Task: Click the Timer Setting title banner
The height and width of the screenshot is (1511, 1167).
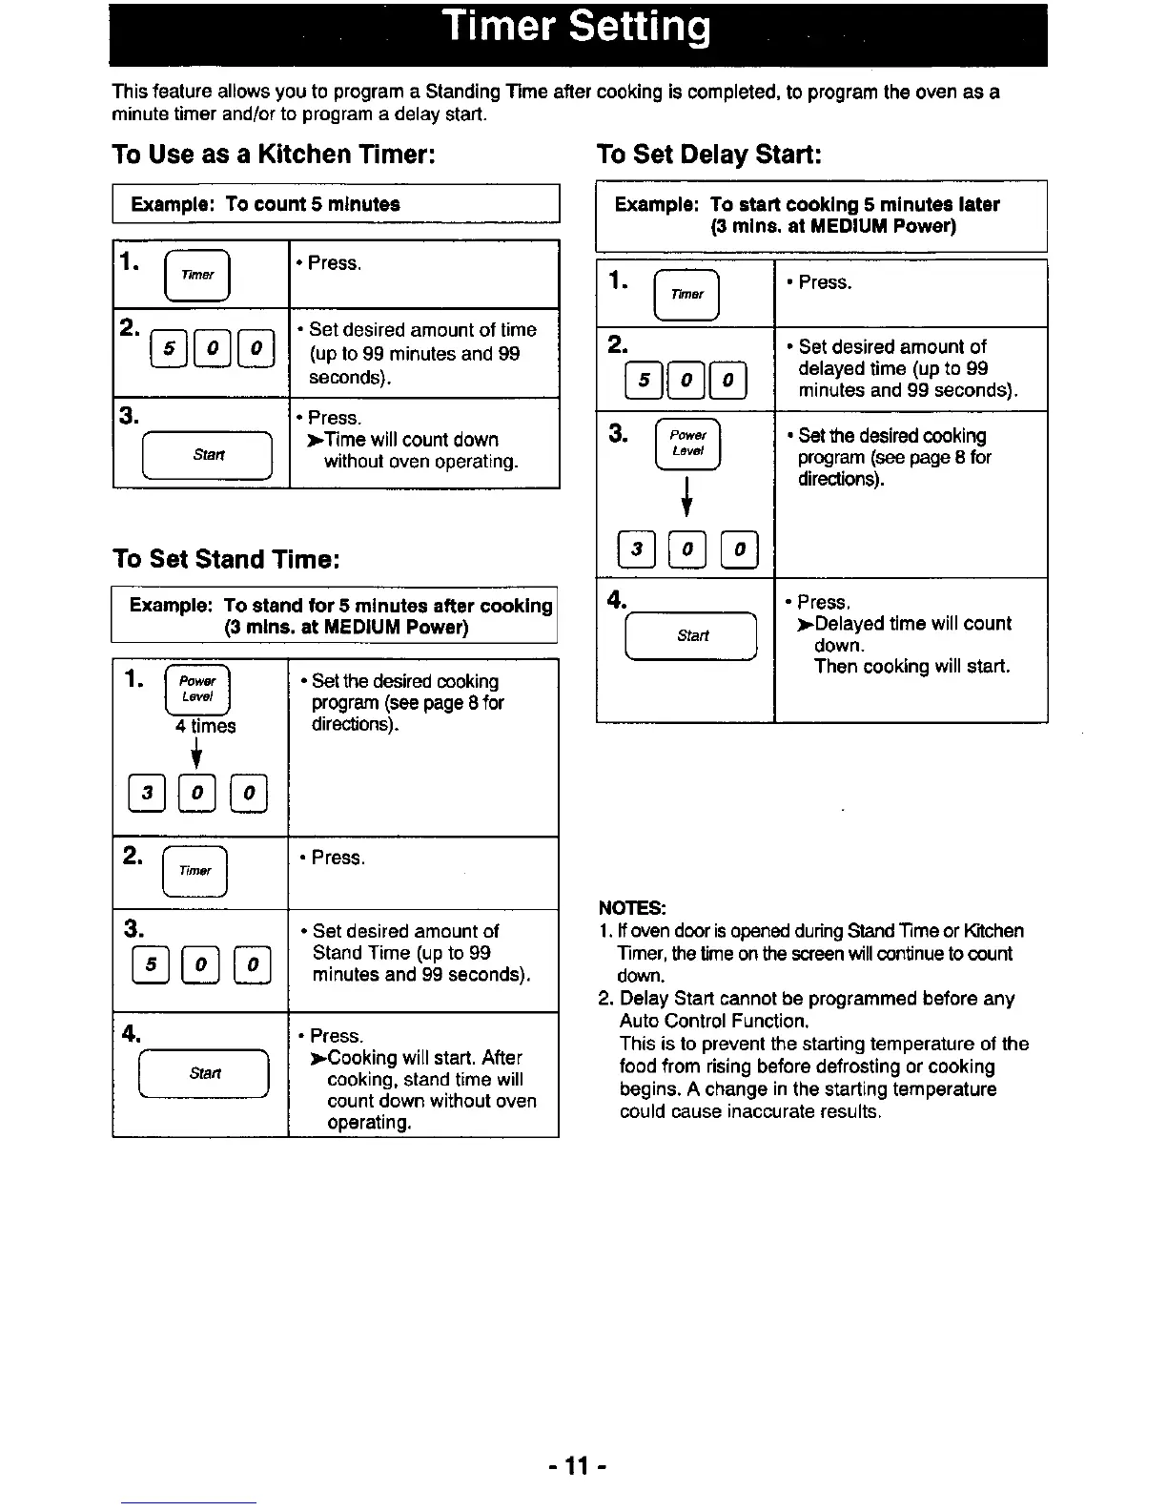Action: [578, 31]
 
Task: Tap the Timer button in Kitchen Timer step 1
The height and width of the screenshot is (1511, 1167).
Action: [197, 274]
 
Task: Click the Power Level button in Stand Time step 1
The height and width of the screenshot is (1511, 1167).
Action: [197, 689]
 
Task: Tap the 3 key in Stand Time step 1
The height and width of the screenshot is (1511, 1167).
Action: [147, 793]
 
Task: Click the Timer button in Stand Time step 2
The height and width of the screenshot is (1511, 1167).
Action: [195, 870]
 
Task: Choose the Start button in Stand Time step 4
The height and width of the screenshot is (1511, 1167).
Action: [205, 1073]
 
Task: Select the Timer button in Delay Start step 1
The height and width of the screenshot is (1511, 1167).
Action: [686, 294]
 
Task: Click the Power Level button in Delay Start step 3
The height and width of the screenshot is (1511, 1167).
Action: [687, 445]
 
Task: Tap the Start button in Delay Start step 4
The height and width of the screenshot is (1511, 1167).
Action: [692, 635]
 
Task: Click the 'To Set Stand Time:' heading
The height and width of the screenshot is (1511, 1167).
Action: [226, 558]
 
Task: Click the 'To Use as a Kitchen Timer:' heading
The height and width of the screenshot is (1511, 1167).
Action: [274, 154]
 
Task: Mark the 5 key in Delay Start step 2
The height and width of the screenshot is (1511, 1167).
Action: [644, 381]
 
